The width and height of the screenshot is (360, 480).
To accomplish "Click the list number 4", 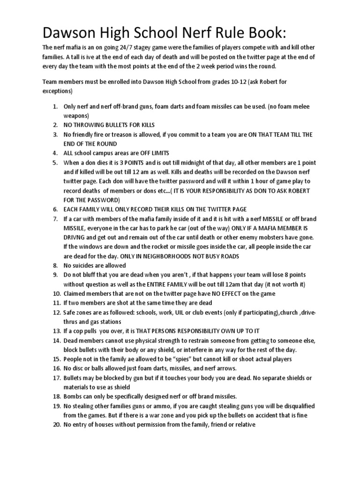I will click(54, 153).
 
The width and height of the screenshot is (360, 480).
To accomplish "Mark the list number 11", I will click(54, 303).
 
